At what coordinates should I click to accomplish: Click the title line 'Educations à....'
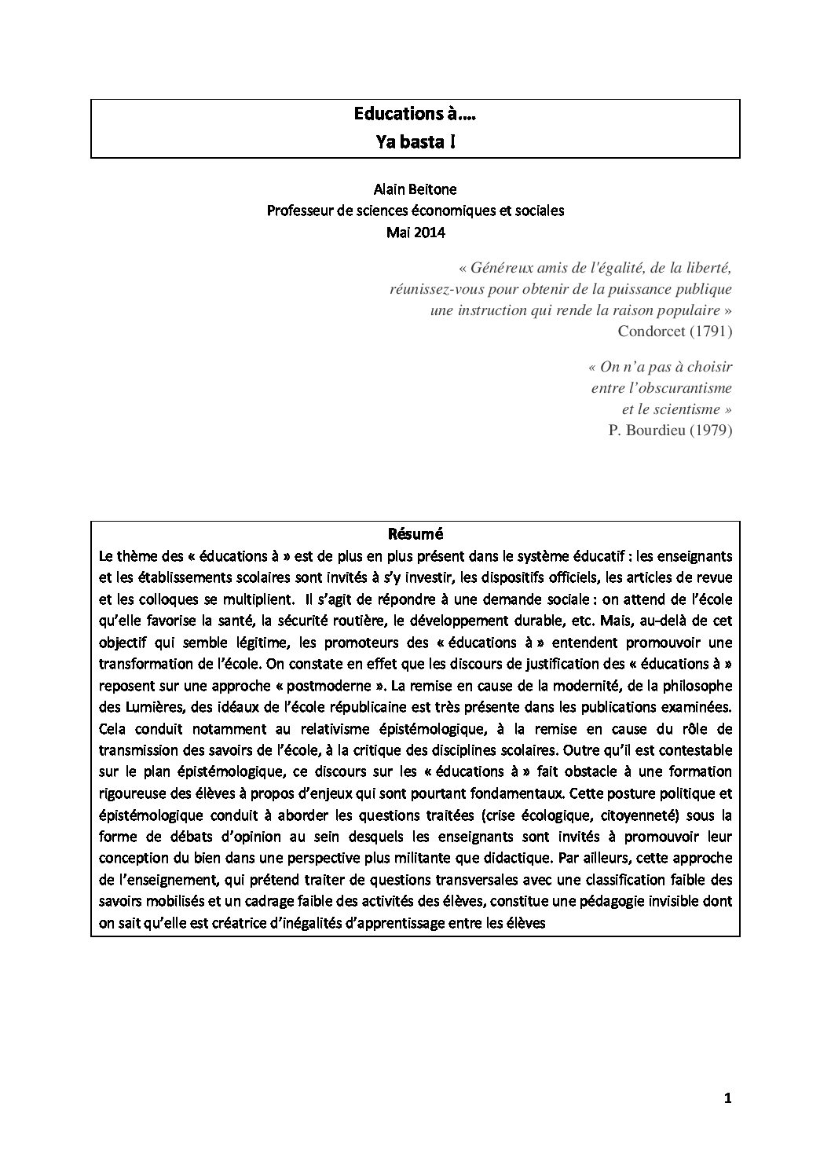(x=415, y=115)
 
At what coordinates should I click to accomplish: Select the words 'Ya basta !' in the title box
(x=415, y=143)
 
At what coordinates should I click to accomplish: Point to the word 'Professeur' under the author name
(x=299, y=211)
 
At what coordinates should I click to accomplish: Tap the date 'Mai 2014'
(x=415, y=233)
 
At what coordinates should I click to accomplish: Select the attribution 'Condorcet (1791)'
(x=675, y=332)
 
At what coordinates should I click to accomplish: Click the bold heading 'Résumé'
(x=415, y=534)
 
